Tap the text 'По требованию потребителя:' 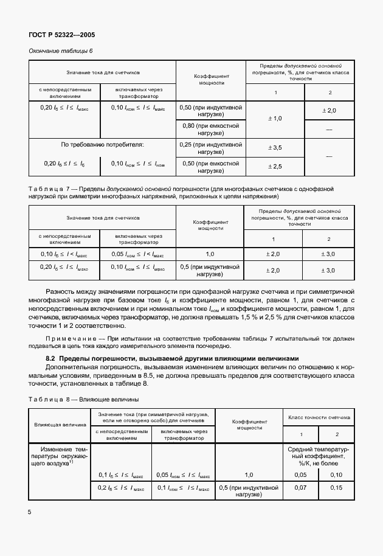(102, 145)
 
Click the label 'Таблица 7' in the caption (46, 189)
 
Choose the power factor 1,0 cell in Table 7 (210, 254)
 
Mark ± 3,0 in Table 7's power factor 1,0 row (328, 254)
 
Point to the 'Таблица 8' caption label (47, 400)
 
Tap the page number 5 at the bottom (30, 513)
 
